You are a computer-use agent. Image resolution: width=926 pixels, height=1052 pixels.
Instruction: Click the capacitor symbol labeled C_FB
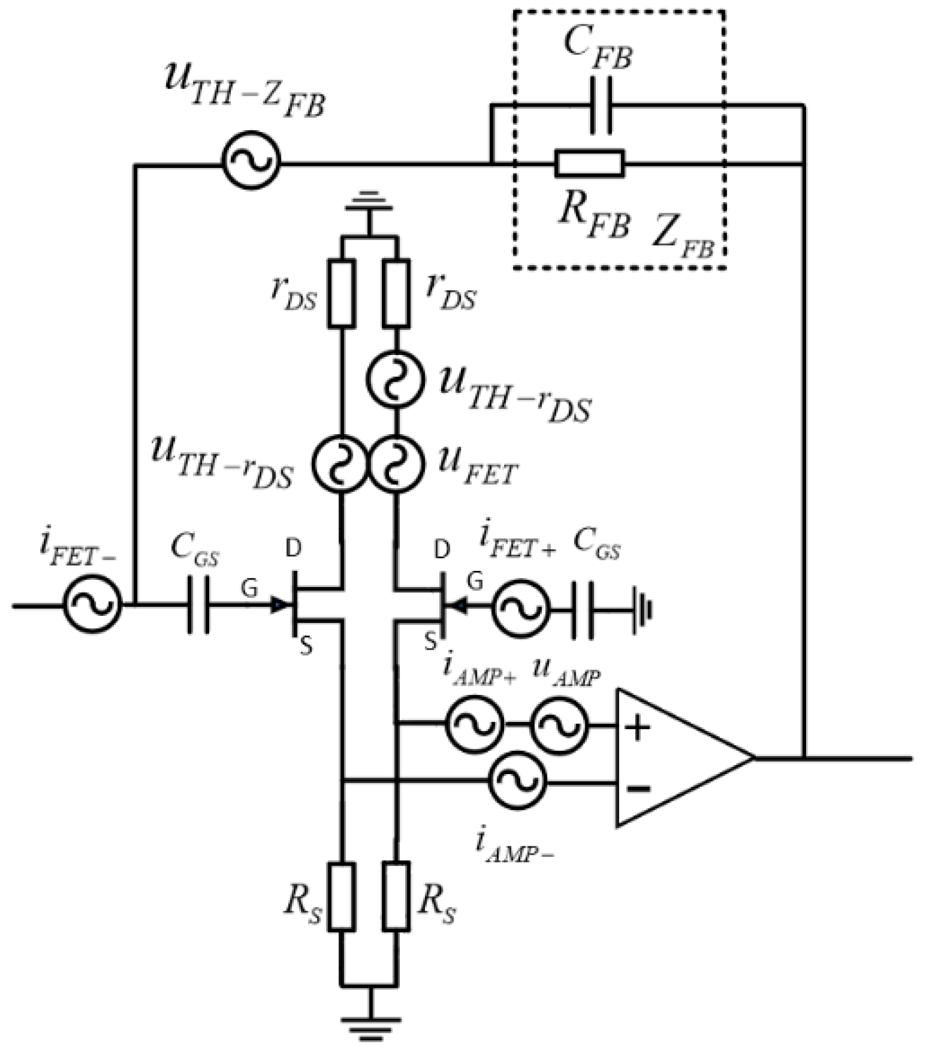click(601, 105)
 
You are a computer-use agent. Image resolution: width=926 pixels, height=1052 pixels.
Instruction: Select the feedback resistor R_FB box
click(590, 164)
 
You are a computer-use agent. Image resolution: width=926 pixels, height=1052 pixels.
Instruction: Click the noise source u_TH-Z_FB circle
click(251, 160)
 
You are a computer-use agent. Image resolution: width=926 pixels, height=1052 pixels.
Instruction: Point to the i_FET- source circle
click(93, 603)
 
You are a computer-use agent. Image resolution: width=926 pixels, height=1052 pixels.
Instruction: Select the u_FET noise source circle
click(397, 463)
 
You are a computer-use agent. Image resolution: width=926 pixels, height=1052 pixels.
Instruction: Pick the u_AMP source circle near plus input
click(559, 725)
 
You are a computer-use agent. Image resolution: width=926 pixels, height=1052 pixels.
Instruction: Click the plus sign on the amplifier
click(637, 727)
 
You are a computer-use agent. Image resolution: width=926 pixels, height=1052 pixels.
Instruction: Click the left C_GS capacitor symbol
click(198, 605)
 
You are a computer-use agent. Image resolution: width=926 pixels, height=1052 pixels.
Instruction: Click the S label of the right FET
click(430, 641)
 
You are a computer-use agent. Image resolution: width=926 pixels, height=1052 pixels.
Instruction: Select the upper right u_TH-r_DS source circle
click(396, 379)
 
